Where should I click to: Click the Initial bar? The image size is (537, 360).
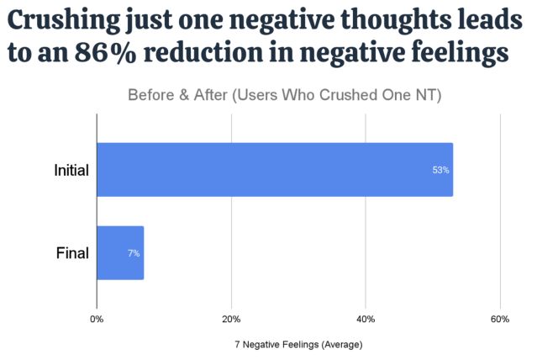point(275,170)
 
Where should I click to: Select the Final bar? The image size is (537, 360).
point(120,253)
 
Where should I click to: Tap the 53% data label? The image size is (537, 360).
point(440,170)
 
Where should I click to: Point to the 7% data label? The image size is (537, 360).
point(134,253)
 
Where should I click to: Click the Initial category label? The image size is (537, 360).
point(71,170)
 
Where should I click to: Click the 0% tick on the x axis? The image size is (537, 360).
point(97,319)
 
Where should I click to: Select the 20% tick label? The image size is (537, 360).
point(231,319)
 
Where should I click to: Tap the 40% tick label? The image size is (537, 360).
point(366,319)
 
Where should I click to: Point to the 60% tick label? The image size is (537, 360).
point(500,319)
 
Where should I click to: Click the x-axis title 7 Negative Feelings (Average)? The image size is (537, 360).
point(298,344)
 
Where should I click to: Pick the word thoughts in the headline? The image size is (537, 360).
point(388,19)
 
